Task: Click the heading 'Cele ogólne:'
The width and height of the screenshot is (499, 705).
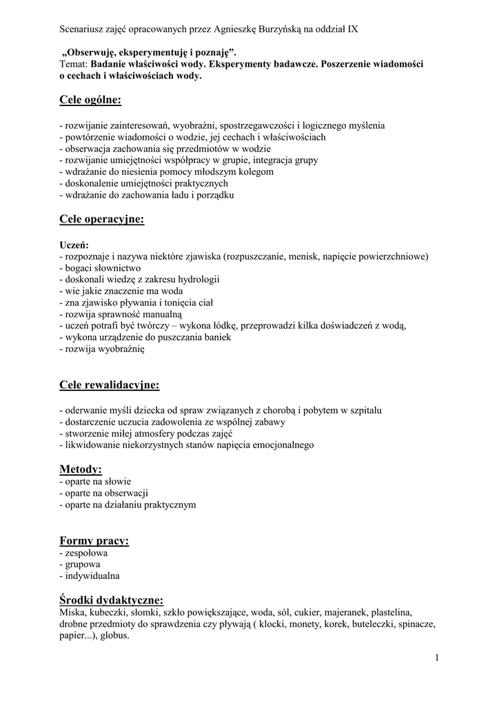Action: coord(90,101)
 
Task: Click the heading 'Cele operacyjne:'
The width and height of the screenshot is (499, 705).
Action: coord(101,220)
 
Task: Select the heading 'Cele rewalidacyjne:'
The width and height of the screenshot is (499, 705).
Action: coord(109,385)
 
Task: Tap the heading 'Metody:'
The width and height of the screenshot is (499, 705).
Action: coord(81,470)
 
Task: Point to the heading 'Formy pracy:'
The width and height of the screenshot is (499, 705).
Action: coord(94,540)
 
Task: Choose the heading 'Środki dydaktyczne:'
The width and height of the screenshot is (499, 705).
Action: coord(112,600)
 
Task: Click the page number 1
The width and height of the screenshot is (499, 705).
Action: coord(437,658)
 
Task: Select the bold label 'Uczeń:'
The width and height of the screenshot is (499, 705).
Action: coord(74,244)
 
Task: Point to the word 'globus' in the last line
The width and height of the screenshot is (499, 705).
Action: coord(114,636)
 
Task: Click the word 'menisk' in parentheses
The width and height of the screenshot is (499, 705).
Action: coord(292,256)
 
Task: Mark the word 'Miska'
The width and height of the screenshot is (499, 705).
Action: coord(72,612)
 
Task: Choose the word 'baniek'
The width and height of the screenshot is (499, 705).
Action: coord(215,337)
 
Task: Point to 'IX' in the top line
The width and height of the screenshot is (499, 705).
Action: coord(352,30)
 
